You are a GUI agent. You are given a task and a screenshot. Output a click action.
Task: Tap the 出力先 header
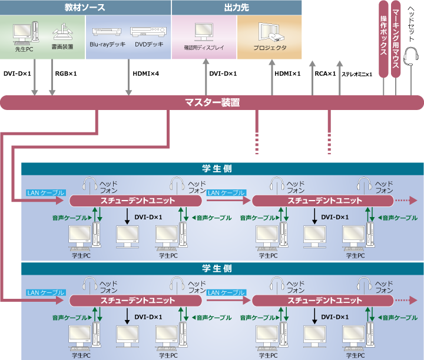[236, 8]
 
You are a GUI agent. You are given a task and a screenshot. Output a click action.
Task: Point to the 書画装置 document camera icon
[62, 32]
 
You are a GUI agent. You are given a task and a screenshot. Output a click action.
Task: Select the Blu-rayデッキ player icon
[107, 32]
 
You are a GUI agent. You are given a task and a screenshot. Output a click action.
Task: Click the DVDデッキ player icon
[145, 32]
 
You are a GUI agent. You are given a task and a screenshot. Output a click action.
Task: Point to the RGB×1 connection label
[66, 74]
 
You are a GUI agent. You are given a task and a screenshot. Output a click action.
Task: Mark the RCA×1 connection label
[325, 74]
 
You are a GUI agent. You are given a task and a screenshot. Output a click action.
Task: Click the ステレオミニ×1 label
[357, 74]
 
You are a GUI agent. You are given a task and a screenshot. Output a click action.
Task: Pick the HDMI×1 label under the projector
[287, 74]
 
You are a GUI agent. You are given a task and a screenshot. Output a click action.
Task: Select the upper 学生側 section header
[218, 168]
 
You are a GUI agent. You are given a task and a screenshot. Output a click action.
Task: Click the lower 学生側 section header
[218, 268]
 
